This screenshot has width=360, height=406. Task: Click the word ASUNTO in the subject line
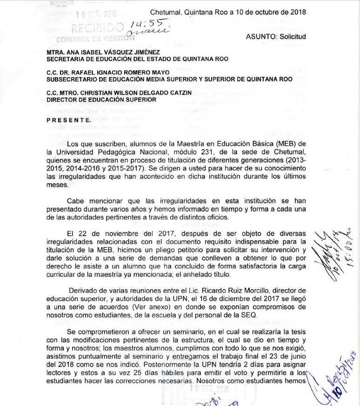point(260,37)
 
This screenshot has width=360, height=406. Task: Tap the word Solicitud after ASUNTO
point(292,37)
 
